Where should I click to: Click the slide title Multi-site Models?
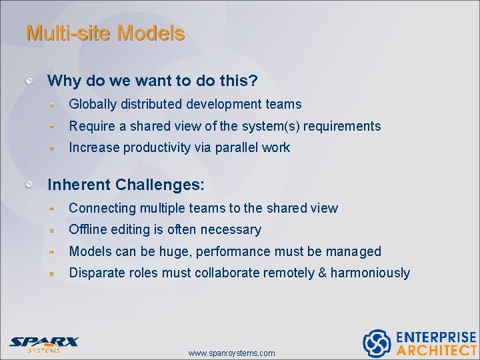click(x=105, y=33)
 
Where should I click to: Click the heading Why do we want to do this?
click(x=153, y=81)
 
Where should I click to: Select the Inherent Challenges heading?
click(x=126, y=183)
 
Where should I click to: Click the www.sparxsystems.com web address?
click(x=231, y=353)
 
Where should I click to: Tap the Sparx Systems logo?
click(x=44, y=343)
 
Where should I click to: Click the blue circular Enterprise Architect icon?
click(x=376, y=343)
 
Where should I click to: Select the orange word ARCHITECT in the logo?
click(x=436, y=350)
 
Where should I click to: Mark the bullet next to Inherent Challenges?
click(x=29, y=183)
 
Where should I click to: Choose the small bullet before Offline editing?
click(x=59, y=230)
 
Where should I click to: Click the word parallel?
click(x=237, y=148)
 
